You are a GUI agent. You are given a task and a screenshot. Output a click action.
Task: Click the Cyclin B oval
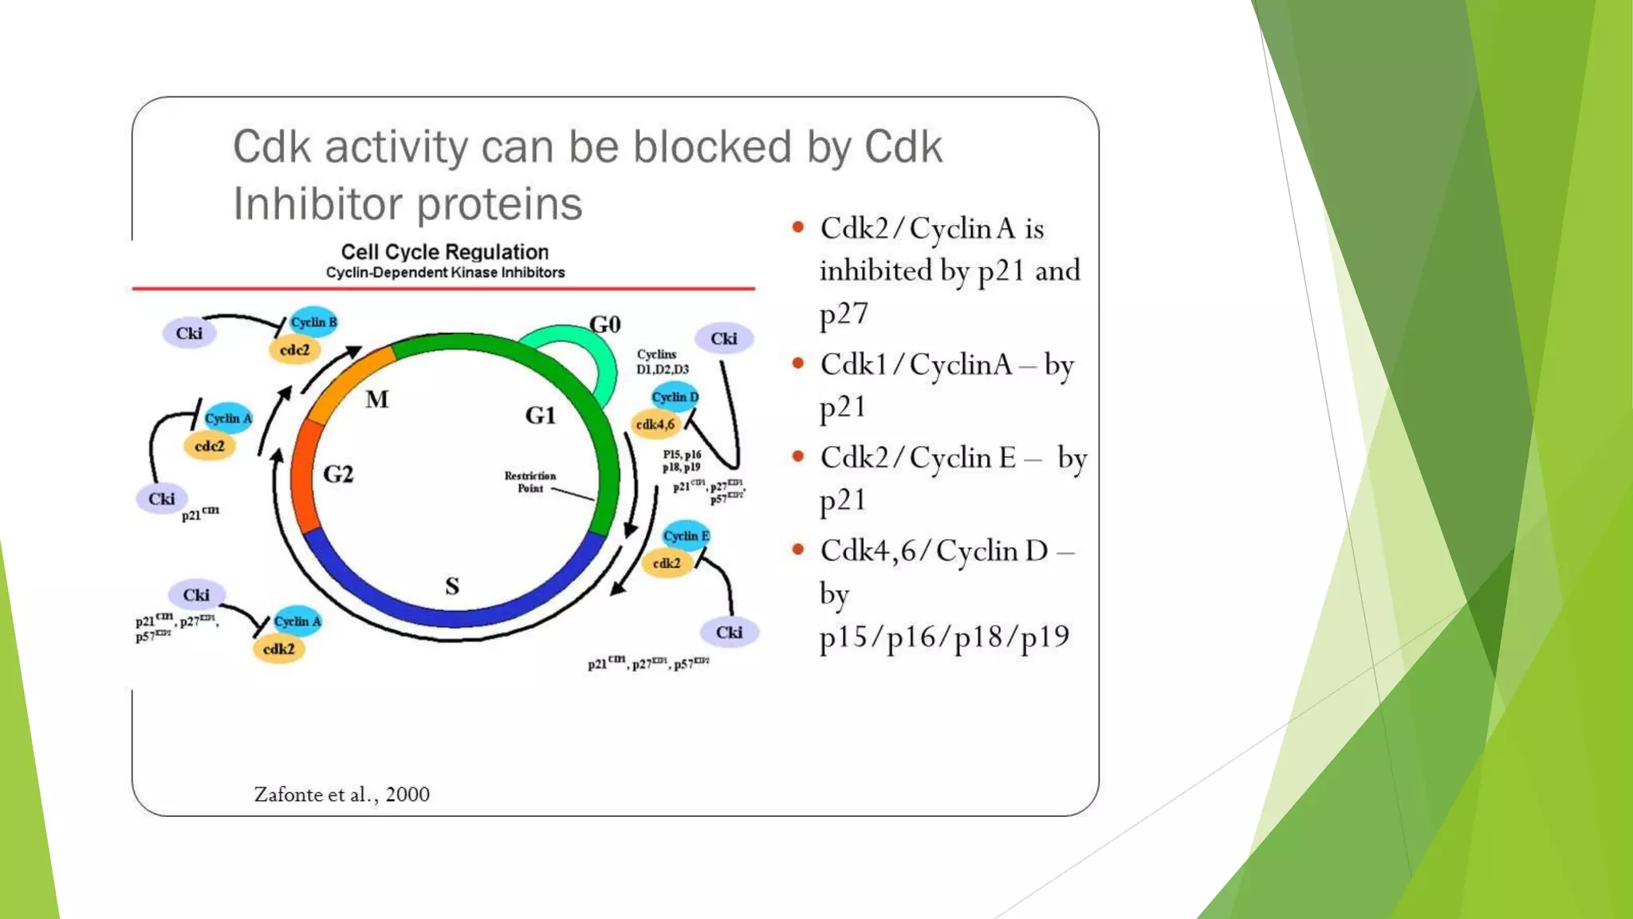(313, 322)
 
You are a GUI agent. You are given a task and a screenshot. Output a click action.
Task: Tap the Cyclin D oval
(675, 396)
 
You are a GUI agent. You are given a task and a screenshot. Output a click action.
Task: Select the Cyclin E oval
(685, 535)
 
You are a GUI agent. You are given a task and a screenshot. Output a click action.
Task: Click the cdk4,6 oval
(655, 424)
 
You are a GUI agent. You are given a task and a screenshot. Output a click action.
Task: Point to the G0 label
(605, 325)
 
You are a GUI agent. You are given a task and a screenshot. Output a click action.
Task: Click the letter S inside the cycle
(452, 586)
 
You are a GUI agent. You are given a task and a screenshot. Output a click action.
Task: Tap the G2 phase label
(338, 475)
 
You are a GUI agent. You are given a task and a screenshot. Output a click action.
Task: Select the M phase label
(377, 400)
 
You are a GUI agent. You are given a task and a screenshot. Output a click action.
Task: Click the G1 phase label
(540, 416)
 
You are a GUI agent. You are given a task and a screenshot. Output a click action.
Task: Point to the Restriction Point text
(530, 482)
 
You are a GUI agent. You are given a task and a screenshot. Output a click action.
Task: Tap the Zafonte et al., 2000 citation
(341, 795)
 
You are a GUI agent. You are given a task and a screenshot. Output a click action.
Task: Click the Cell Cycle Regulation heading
(445, 252)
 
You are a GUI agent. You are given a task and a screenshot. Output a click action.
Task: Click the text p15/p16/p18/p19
(944, 637)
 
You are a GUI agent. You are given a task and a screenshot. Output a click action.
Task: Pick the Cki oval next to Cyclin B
(189, 333)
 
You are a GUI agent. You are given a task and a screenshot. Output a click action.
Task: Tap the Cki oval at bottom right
(729, 633)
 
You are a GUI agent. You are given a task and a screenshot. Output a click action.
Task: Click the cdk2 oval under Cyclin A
(279, 649)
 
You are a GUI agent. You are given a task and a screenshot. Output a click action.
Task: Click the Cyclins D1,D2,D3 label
(662, 361)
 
